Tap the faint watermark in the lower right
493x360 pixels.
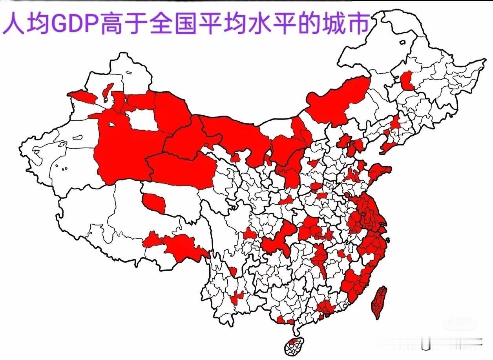pyautogui.click(x=460, y=322)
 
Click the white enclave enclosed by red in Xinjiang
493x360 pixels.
pyautogui.click(x=144, y=120)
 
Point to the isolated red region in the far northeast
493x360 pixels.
pyautogui.click(x=408, y=80)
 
